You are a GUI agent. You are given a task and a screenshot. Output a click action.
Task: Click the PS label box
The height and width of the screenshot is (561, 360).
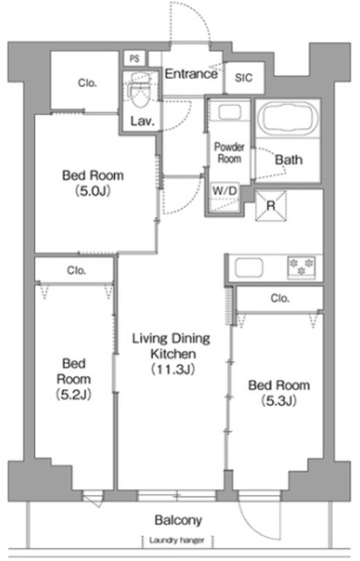click(x=135, y=59)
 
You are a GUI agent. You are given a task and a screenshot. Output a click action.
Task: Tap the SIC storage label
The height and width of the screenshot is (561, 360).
click(x=244, y=78)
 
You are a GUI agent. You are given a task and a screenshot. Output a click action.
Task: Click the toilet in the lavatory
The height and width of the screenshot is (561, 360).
click(x=139, y=91)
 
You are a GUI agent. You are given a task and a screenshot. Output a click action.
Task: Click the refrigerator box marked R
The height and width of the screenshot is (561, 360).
click(x=271, y=206)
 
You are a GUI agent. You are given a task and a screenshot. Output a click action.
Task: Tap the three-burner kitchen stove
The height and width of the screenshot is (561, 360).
click(x=301, y=267)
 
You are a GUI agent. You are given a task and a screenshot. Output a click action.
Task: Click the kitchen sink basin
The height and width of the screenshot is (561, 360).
click(x=249, y=266)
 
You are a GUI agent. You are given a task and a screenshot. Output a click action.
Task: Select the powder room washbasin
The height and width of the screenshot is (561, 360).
click(x=229, y=113)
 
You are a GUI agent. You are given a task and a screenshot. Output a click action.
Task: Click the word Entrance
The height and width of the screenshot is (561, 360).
click(x=191, y=74)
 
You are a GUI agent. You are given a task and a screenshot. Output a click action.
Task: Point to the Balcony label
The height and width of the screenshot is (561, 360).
click(x=178, y=520)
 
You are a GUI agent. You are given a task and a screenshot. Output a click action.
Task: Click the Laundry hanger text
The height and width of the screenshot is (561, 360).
click(x=177, y=540)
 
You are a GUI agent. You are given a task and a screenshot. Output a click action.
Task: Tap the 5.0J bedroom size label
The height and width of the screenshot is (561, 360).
click(x=93, y=191)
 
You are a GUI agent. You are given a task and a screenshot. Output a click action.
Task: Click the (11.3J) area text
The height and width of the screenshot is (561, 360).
click(x=173, y=369)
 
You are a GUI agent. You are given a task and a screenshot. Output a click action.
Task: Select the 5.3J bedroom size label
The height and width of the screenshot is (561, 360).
click(x=279, y=401)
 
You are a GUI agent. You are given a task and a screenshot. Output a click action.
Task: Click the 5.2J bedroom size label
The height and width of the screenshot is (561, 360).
click(x=74, y=394)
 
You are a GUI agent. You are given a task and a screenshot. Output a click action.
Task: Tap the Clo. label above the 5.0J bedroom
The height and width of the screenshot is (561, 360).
click(x=88, y=83)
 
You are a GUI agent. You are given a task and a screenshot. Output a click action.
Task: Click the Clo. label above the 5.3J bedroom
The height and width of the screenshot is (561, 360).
click(x=280, y=298)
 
